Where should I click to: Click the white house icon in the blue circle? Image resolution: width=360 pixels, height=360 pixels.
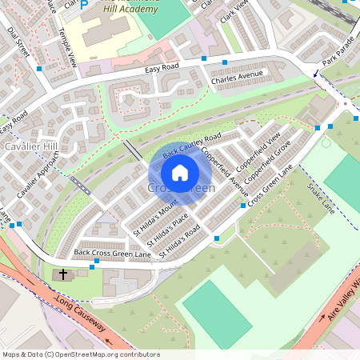(180, 172)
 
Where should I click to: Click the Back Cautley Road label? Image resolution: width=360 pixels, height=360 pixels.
(191, 144)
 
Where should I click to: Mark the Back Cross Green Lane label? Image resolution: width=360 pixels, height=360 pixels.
(112, 254)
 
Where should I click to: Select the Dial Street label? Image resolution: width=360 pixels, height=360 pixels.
(18, 42)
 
